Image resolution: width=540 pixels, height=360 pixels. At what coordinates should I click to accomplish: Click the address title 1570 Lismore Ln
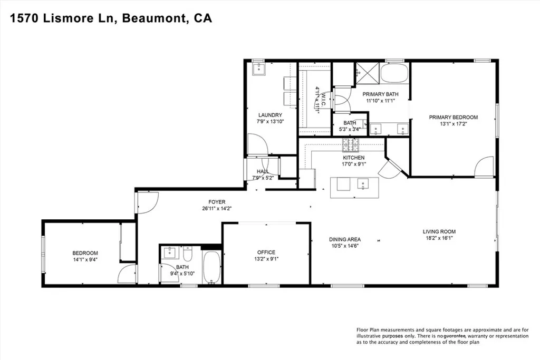(x=64, y=18)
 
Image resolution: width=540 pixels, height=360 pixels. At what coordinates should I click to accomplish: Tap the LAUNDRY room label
(x=270, y=115)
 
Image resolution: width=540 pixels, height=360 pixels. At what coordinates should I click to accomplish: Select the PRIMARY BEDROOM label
(x=453, y=117)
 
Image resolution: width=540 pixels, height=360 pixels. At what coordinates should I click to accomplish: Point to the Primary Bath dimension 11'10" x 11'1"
(x=382, y=101)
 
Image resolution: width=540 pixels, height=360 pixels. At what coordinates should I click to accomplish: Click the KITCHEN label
(x=353, y=158)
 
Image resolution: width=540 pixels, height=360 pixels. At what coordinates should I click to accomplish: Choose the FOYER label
(x=216, y=201)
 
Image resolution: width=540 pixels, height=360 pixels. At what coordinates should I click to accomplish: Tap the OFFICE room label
(x=266, y=252)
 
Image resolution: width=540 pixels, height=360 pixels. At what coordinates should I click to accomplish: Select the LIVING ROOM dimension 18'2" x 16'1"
(x=439, y=238)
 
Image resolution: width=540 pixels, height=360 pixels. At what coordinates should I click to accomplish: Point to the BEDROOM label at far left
(x=85, y=253)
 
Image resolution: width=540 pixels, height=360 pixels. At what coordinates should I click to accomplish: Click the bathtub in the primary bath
(x=394, y=73)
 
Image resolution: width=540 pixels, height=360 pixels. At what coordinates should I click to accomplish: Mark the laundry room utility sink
(x=259, y=69)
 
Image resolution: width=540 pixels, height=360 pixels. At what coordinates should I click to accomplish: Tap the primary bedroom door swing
(x=484, y=167)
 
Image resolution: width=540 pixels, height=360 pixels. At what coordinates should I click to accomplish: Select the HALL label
(x=263, y=171)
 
